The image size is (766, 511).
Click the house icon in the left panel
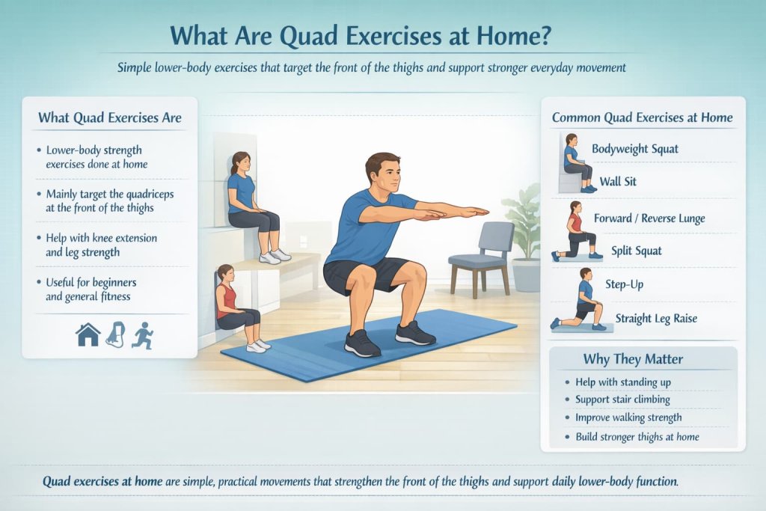88,334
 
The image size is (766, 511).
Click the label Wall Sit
618,181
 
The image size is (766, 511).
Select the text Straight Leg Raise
656,319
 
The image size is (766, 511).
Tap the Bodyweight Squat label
635,149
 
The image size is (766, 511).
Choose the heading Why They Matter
632,359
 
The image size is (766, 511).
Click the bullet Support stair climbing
622,400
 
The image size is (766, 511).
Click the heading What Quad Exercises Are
109,117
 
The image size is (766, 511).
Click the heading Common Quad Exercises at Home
642,117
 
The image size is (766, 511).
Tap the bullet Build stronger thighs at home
637,436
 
